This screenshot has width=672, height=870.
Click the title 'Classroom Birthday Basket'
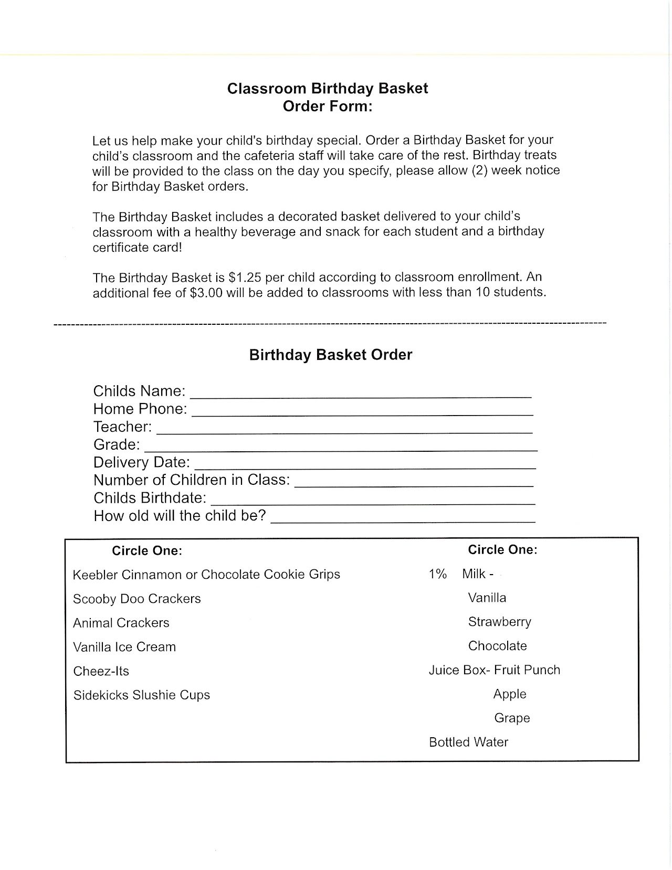coord(328,88)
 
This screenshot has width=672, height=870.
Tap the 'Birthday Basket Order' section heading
coord(331,355)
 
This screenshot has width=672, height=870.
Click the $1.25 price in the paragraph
coord(245,277)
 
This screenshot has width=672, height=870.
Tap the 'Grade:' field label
coord(117,445)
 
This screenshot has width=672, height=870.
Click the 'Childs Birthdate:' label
coord(150,498)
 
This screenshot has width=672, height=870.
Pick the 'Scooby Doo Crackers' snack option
coord(136,599)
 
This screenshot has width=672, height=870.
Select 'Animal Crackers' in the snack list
coord(121,623)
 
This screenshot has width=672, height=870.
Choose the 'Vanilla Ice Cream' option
coord(124,647)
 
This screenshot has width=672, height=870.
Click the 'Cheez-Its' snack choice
coord(101,671)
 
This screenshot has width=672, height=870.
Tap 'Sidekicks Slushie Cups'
coord(141,695)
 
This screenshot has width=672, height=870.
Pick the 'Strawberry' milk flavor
coord(499,622)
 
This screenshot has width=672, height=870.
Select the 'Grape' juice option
coord(512,718)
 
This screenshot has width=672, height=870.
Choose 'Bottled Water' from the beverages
coord(468,742)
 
